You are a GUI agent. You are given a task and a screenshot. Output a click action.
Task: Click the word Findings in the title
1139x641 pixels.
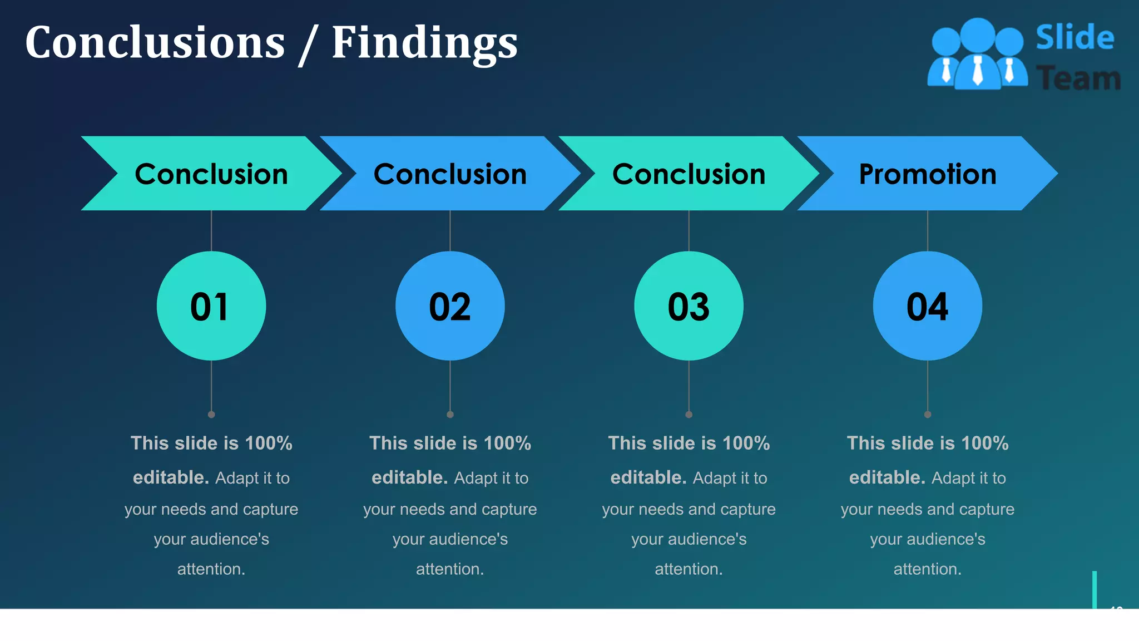424,43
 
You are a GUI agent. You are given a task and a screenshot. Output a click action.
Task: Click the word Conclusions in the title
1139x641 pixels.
155,43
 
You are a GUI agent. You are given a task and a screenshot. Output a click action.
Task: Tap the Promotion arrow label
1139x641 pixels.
927,174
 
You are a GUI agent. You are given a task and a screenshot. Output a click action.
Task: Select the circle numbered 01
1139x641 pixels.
211,306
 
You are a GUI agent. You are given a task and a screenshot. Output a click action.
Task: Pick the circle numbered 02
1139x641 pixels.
450,306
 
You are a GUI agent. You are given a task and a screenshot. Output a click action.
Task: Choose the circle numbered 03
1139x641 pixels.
689,306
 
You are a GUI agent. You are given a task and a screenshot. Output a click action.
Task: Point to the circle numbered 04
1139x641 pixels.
927,306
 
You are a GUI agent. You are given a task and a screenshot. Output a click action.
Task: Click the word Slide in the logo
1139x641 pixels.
1074,38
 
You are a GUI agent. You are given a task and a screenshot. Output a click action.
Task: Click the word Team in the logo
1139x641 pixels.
1078,78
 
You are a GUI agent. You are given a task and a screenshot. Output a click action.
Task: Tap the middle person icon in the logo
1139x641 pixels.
978,56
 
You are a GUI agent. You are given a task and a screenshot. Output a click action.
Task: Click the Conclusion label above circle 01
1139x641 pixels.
211,174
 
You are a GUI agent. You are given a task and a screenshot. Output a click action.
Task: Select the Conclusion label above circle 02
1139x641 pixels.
450,174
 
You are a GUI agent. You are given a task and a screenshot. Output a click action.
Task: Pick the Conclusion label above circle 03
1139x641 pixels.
689,174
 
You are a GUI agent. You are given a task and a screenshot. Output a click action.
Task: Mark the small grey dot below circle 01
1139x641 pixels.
211,415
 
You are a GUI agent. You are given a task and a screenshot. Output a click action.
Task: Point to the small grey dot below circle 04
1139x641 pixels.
927,415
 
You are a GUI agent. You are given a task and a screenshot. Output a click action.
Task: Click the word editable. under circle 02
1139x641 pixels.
409,477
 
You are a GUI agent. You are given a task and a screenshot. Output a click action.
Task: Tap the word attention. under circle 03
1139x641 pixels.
689,569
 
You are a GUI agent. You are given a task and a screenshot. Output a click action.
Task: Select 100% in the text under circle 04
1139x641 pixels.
984,443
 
